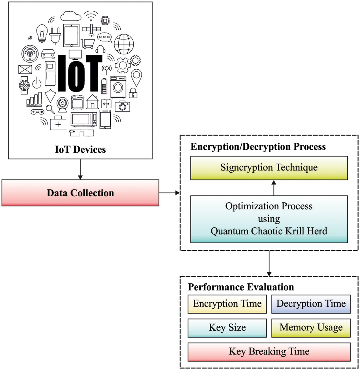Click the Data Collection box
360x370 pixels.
80,193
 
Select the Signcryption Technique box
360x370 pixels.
269,168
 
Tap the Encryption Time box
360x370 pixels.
227,304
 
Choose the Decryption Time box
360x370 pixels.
311,304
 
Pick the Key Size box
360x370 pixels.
227,328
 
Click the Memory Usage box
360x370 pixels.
311,328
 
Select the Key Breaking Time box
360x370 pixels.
269,352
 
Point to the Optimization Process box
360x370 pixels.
269,219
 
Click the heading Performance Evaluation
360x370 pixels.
241,287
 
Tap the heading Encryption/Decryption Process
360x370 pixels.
258,147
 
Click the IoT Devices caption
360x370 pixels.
80,149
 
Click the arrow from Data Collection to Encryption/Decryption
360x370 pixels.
169,193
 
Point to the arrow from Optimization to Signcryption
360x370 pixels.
274,188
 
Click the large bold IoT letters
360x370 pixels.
80,73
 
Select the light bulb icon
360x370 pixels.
42,33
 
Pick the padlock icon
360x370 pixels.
133,93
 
